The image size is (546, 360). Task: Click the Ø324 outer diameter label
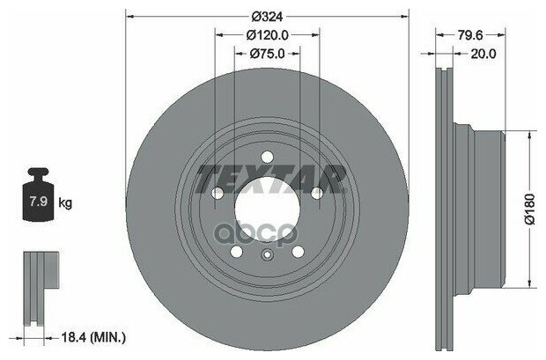click(x=267, y=17)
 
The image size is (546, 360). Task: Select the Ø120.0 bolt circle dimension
click(x=267, y=35)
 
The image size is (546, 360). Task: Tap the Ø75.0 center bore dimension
click(x=267, y=54)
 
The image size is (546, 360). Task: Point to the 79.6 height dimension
click(x=469, y=35)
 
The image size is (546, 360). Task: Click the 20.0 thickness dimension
click(x=483, y=54)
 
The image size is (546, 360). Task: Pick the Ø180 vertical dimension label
click(x=529, y=209)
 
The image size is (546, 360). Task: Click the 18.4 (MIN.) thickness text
click(x=93, y=338)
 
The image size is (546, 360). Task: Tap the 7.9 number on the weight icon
click(x=38, y=202)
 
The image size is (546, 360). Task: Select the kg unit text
click(x=65, y=202)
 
